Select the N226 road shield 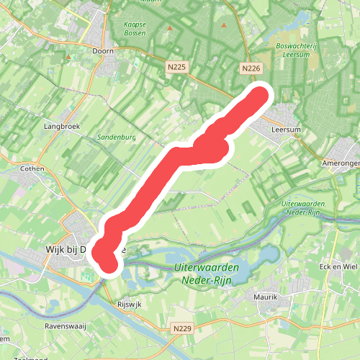click(250, 68)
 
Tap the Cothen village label click(32, 168)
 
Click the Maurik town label click(266, 296)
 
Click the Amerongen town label click(342, 163)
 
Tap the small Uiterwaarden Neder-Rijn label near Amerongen click(304, 208)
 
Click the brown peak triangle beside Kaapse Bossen click(171, 28)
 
